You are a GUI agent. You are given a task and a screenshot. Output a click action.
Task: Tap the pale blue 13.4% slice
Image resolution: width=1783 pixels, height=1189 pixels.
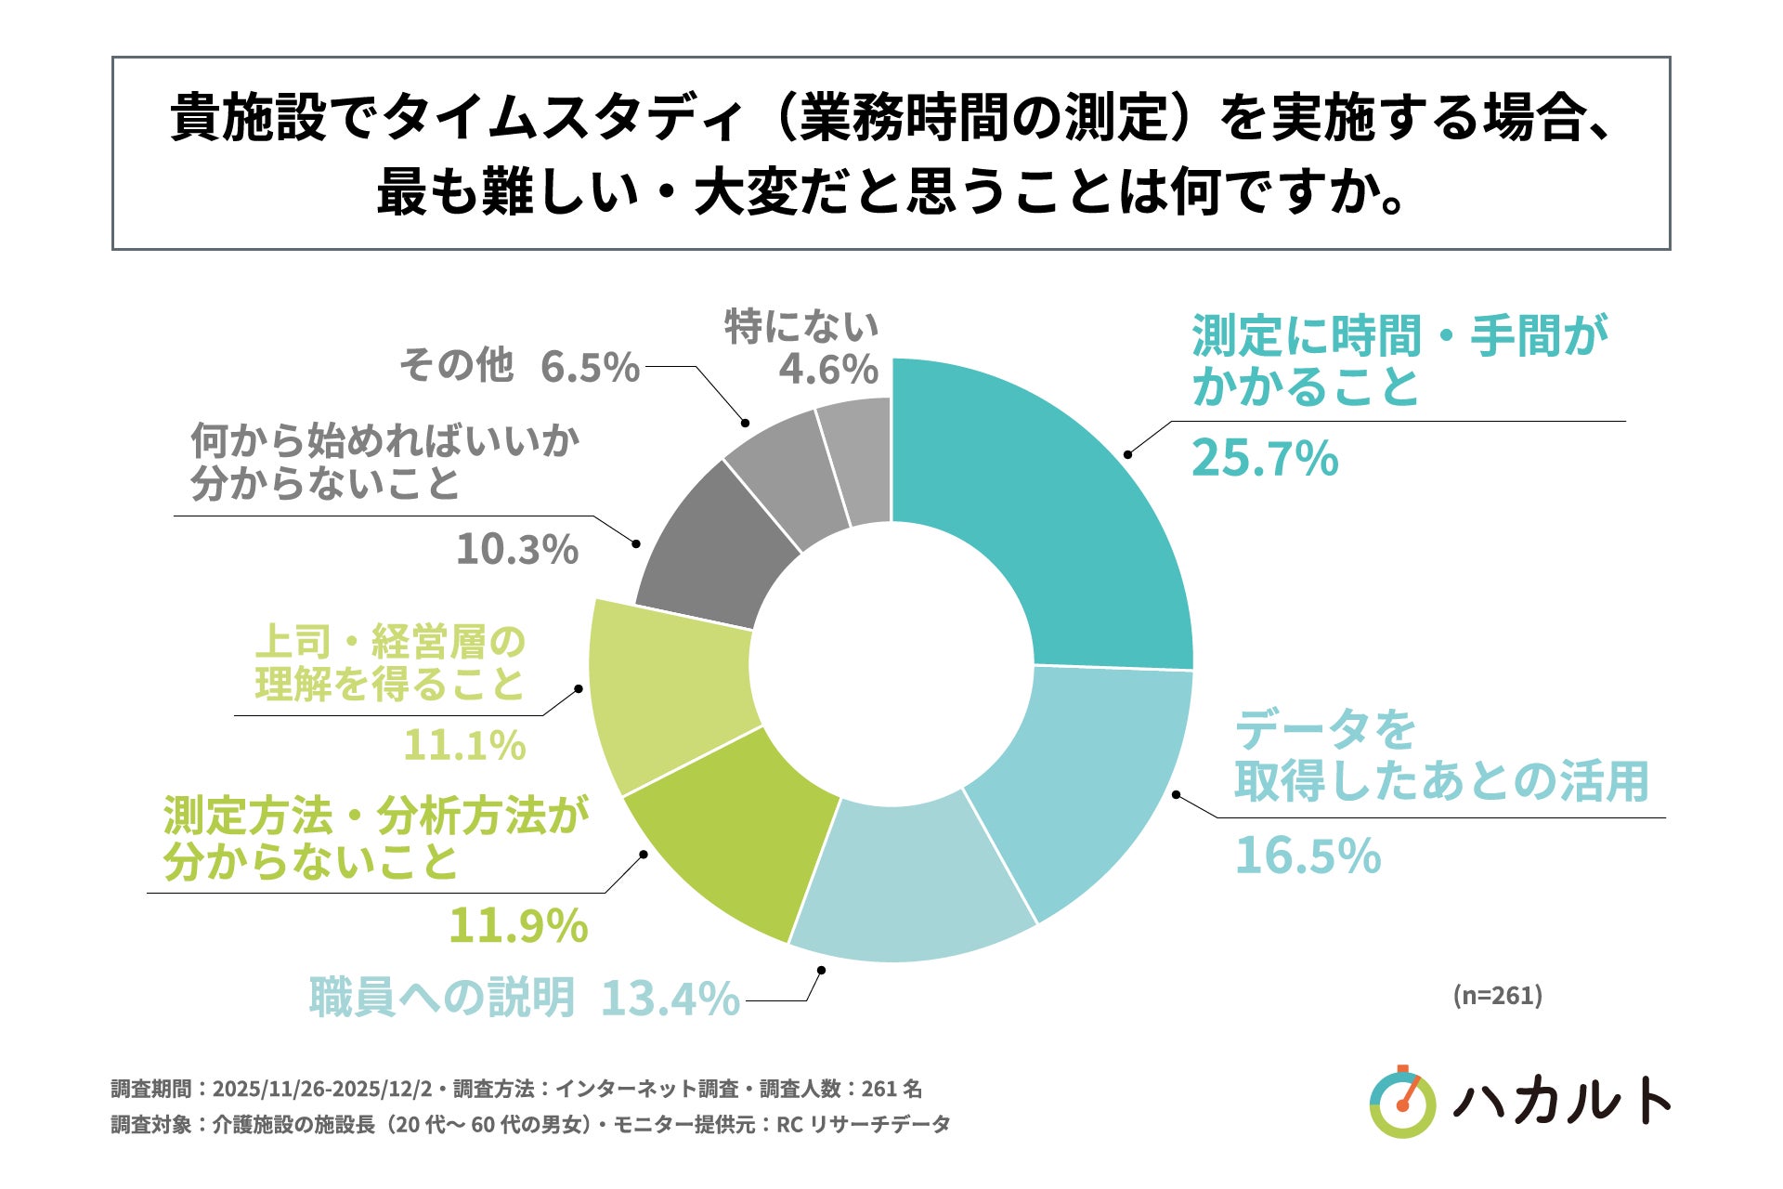(x=905, y=882)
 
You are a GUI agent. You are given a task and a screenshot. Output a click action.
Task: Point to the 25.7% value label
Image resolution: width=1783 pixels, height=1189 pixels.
(x=1264, y=459)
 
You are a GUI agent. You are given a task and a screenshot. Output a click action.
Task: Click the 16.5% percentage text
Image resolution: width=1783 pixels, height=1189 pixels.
(x=1307, y=856)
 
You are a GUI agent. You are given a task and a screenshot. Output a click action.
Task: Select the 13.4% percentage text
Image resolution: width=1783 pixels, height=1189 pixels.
(x=670, y=1000)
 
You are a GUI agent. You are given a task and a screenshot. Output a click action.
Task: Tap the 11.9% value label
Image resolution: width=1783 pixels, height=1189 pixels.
(x=518, y=925)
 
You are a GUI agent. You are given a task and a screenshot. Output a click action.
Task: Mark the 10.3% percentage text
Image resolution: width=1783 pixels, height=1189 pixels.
(x=516, y=549)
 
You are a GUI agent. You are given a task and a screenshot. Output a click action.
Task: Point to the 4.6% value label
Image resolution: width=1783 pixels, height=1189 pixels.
(x=827, y=370)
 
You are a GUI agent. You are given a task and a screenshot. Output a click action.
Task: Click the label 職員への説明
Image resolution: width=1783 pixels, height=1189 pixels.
(x=442, y=998)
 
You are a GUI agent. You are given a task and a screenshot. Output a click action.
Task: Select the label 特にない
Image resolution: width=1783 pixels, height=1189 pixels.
(x=800, y=327)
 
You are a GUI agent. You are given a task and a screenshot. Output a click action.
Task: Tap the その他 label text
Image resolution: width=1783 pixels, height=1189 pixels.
(x=456, y=365)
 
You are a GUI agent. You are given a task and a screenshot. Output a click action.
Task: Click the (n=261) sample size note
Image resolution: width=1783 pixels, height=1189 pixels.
(x=1497, y=996)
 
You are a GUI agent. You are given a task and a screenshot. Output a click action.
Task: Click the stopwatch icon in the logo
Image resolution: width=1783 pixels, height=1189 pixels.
(x=1402, y=1103)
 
